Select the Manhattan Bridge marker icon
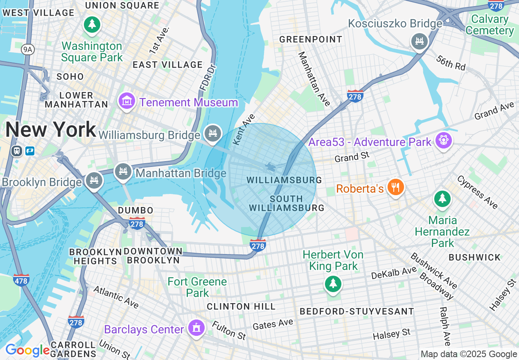[x=122, y=172]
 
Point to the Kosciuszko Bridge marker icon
[x=419, y=41]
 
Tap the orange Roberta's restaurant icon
[x=395, y=187]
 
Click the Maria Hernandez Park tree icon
[x=442, y=199]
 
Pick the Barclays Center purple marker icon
[x=196, y=328]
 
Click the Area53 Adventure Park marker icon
[x=444, y=141]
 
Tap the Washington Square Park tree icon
[x=92, y=24]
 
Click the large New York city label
[x=50, y=130]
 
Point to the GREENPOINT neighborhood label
[x=311, y=39]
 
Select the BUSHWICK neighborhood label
[x=474, y=257]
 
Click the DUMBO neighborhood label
[x=135, y=210]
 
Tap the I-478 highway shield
[x=21, y=280]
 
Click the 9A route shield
[x=27, y=49]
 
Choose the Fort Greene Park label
[x=197, y=287]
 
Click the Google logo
[x=28, y=350]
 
